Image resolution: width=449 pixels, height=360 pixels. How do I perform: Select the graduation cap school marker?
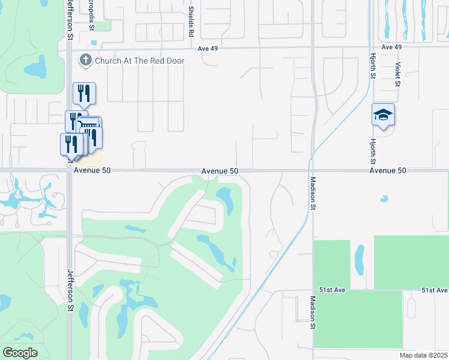pyautogui.click(x=383, y=114)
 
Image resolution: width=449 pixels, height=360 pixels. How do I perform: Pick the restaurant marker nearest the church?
pyautogui.click(x=84, y=93)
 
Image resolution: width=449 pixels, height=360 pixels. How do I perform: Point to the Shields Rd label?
pyautogui.click(x=190, y=19)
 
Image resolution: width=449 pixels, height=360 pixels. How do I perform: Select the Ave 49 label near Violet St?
pyautogui.click(x=391, y=47)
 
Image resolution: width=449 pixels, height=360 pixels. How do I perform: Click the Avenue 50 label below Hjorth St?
pyautogui.click(x=388, y=171)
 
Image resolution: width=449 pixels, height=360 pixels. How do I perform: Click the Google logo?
pyautogui.click(x=20, y=353)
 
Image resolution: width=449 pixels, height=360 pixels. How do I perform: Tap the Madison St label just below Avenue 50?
pyautogui.click(x=313, y=192)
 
